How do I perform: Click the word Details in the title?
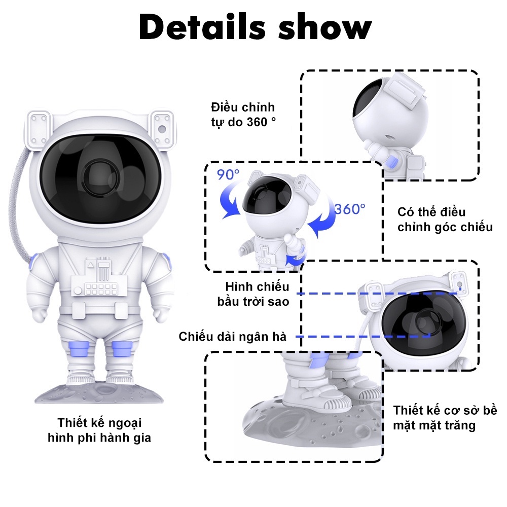(x=202, y=27)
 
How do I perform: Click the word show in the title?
(x=325, y=27)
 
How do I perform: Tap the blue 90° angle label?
(x=228, y=174)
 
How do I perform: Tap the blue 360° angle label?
(x=350, y=209)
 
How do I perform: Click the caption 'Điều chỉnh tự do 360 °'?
(x=243, y=115)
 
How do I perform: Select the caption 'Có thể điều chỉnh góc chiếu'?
(x=445, y=220)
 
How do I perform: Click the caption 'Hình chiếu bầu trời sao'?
(x=253, y=294)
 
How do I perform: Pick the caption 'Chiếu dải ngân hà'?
(x=233, y=337)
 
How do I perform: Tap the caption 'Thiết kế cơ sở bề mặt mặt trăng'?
(x=445, y=417)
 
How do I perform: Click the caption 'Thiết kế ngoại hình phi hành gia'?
(x=99, y=430)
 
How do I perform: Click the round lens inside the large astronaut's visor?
(x=100, y=177)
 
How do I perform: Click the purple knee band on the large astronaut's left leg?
(x=122, y=349)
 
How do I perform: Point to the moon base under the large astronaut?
(x=99, y=392)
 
